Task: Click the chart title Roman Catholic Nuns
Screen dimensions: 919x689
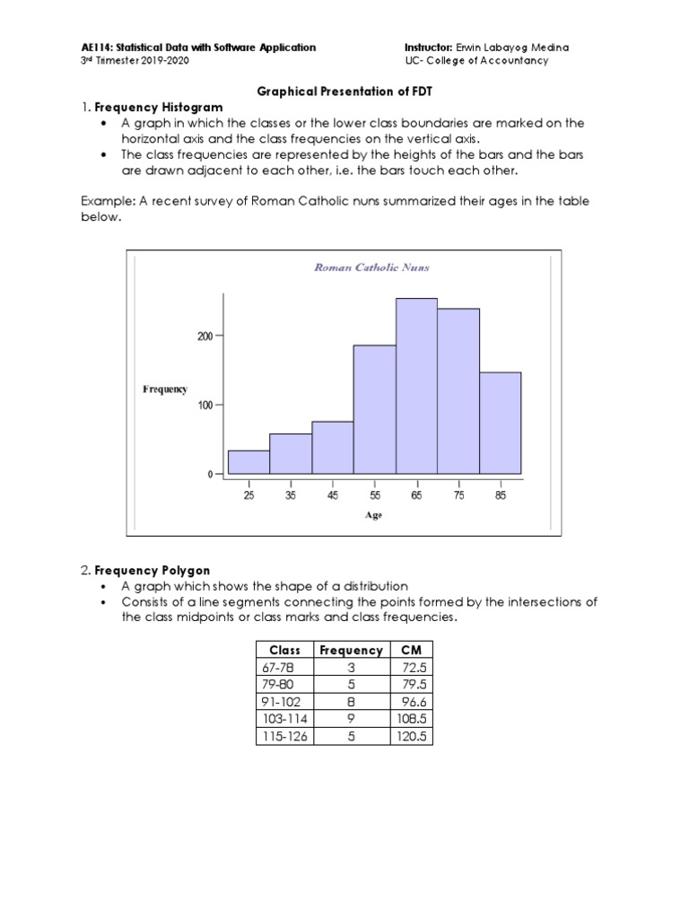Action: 371,267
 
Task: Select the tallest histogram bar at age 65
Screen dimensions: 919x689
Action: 416,386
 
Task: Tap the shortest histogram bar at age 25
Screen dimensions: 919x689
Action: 249,462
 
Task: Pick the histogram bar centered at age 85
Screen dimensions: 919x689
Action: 500,423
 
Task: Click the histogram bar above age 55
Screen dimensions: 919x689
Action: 374,409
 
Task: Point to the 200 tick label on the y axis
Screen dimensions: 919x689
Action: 205,336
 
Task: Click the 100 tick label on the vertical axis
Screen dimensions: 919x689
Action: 205,405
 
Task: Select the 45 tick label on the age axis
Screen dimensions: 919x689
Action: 333,495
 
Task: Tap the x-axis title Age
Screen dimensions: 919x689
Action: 373,515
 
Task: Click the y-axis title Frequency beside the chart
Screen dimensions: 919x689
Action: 165,389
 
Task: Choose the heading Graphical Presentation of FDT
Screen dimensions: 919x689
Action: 344,92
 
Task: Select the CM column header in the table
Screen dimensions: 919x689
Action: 411,650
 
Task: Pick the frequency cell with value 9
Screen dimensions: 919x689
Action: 352,720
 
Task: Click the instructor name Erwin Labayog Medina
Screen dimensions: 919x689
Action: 513,48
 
